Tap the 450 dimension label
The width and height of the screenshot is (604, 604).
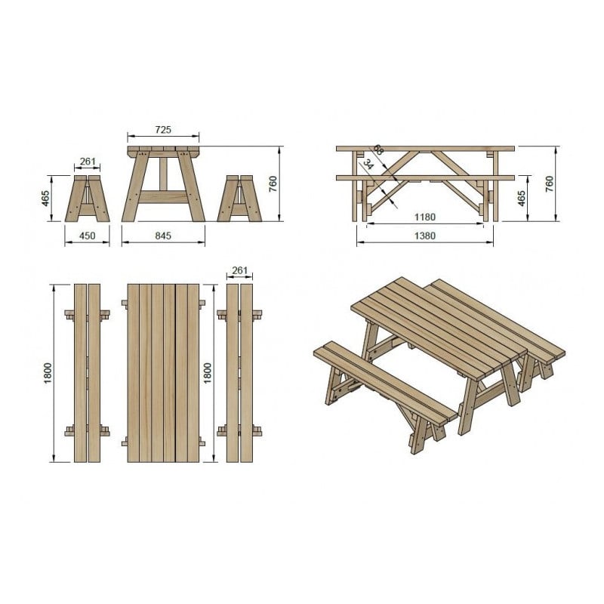tap(88, 236)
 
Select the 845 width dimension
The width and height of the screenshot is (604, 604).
tap(163, 236)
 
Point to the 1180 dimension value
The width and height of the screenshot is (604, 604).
tap(425, 217)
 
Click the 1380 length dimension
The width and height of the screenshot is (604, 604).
tap(425, 236)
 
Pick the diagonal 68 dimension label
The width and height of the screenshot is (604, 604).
tap(377, 151)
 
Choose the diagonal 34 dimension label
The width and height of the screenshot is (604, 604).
tap(368, 164)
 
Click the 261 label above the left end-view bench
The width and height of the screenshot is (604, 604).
tap(88, 162)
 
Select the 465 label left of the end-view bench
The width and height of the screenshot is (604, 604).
tap(45, 198)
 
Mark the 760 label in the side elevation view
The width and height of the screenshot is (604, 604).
tap(550, 183)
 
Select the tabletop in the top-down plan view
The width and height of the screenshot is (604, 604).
tap(163, 373)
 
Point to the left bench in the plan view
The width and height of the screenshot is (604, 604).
tap(88, 373)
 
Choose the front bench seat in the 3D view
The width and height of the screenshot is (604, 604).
tap(389, 381)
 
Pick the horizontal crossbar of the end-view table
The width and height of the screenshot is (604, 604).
tap(163, 197)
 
